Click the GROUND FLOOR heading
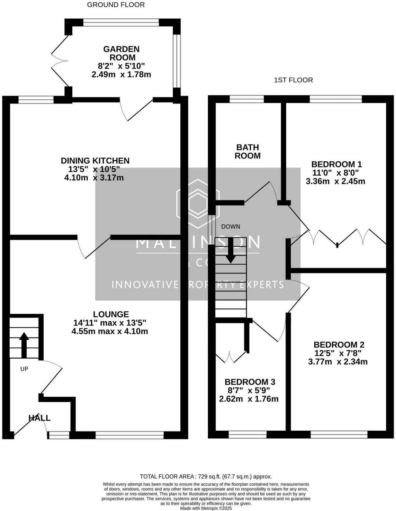point(116,5)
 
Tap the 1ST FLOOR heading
point(293,80)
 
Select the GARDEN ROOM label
point(121,53)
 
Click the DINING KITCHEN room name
point(95,161)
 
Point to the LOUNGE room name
point(111,314)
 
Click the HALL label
point(40,418)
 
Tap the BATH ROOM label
point(247,152)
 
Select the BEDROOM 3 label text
point(250,382)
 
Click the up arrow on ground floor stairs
point(24,345)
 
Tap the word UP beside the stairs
point(24,369)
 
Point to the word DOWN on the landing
point(230,227)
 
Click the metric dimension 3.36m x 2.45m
point(335,181)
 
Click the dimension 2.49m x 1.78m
point(121,75)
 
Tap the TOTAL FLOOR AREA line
point(206,477)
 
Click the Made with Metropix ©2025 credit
point(206,508)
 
